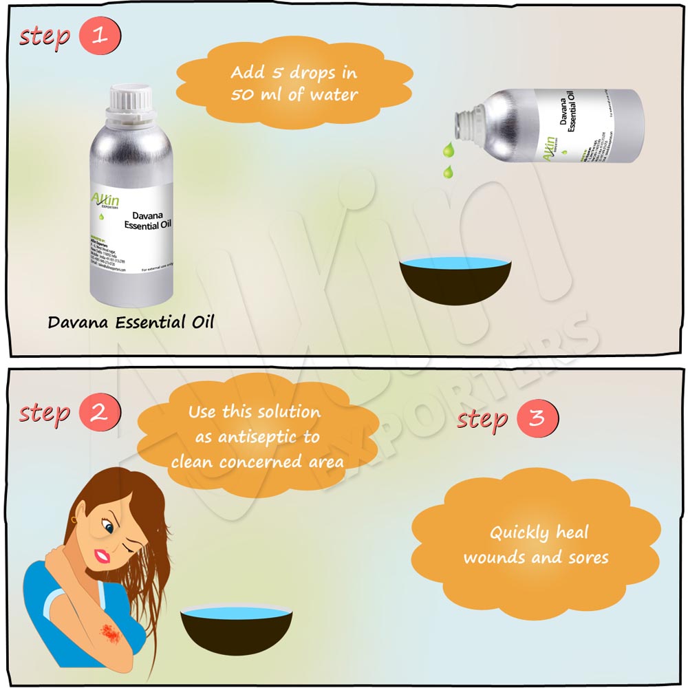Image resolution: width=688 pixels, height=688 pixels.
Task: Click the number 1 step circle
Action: coord(100,36)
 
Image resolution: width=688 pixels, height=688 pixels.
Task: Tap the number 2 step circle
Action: coord(100,413)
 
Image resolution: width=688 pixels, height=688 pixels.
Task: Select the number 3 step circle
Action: coord(537,418)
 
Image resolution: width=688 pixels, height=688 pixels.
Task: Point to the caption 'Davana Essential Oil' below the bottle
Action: coord(131,322)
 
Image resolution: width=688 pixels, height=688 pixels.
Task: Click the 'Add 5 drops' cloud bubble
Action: coord(294,84)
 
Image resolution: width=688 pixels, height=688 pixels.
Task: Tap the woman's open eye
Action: coord(109,529)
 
